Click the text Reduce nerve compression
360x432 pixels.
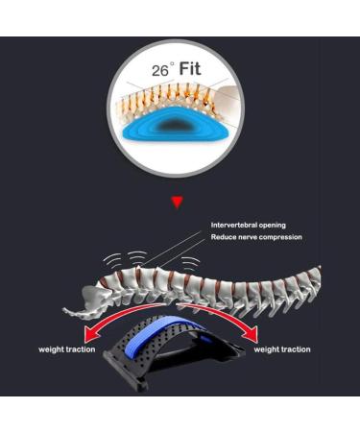coord(256,236)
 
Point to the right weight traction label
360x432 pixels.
coord(281,349)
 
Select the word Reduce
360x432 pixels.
coord(224,236)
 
